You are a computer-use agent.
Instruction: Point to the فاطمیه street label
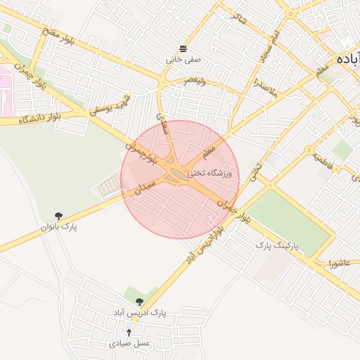328,163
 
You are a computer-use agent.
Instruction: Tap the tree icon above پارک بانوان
58,216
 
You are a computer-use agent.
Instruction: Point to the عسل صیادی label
129,344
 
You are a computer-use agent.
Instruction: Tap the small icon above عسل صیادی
129,333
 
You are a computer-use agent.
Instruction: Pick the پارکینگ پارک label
276,245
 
